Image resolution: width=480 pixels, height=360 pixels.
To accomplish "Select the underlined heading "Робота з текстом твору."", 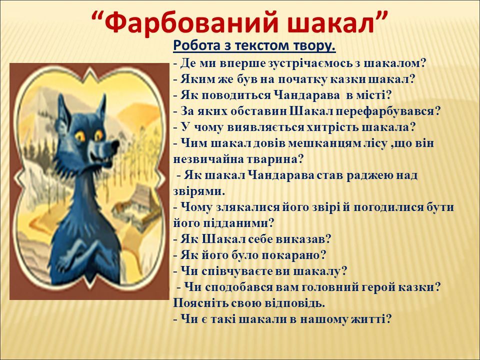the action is tap(254, 46).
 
